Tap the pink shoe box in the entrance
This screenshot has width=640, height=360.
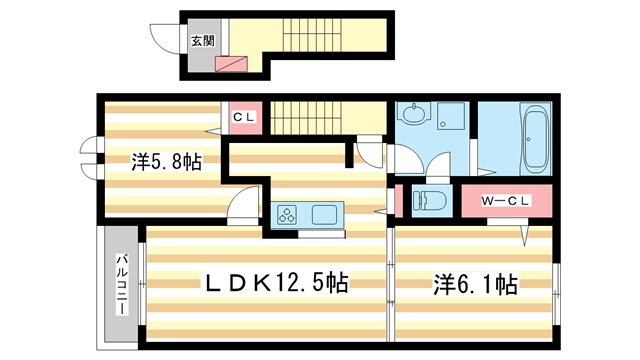[232, 64]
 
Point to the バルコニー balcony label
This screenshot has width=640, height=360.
[121, 283]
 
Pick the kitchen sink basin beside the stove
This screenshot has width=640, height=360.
[327, 214]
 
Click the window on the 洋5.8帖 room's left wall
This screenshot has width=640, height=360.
[92, 159]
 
